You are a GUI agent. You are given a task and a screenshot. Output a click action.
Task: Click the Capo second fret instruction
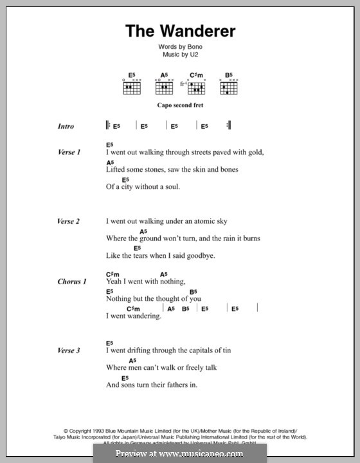(180, 104)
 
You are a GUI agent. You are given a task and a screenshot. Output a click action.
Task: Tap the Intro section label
(66, 127)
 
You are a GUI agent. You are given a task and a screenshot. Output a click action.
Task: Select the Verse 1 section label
(69, 152)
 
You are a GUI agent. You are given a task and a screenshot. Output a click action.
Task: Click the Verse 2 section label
(69, 221)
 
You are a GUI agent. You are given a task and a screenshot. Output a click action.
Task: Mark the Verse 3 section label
(69, 350)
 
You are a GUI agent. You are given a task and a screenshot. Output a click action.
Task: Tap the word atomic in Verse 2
(199, 221)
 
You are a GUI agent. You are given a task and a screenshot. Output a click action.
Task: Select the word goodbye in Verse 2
(200, 256)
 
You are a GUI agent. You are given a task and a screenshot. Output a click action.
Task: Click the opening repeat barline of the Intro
(107, 126)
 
